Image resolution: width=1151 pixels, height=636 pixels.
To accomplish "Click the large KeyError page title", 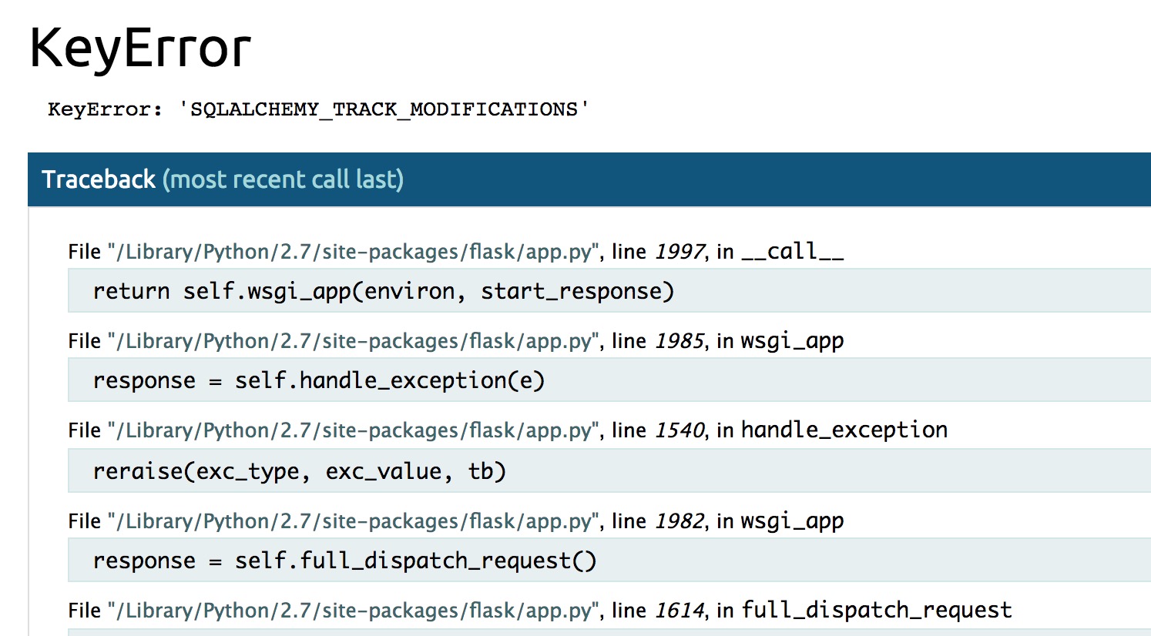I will pyautogui.click(x=140, y=48).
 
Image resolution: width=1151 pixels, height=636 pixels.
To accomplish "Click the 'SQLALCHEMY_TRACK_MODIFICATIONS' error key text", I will pyautogui.click(x=384, y=109).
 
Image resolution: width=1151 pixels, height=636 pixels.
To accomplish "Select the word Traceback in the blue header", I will pyautogui.click(x=99, y=179).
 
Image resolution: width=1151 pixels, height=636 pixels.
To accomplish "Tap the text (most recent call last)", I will pyautogui.click(x=283, y=179).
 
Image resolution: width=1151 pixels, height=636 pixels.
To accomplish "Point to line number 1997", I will pyautogui.click(x=680, y=252).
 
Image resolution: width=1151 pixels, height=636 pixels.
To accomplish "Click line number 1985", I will pyautogui.click(x=680, y=341).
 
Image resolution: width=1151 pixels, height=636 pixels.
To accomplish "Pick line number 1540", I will pyautogui.click(x=680, y=430).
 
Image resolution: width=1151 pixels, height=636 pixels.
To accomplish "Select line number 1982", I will pyautogui.click(x=680, y=521).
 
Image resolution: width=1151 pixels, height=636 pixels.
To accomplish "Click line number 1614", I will pyautogui.click(x=680, y=611).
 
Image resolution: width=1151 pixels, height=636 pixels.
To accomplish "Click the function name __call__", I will pyautogui.click(x=792, y=252).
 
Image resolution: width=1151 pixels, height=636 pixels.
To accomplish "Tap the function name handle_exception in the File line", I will pyautogui.click(x=844, y=430).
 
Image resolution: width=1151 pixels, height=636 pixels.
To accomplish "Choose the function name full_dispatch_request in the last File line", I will pyautogui.click(x=877, y=611).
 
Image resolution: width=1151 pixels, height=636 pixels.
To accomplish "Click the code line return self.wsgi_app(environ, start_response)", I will pyautogui.click(x=384, y=291).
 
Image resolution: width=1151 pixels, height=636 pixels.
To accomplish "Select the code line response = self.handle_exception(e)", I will pyautogui.click(x=319, y=380).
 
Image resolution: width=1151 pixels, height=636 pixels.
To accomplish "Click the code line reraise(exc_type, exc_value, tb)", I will pyautogui.click(x=299, y=471).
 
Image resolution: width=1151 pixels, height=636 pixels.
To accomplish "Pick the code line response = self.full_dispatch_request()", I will pyautogui.click(x=344, y=561).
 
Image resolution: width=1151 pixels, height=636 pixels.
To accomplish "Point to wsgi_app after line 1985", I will pyautogui.click(x=792, y=341).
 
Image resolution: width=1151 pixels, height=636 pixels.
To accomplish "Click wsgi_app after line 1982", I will pyautogui.click(x=792, y=521).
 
